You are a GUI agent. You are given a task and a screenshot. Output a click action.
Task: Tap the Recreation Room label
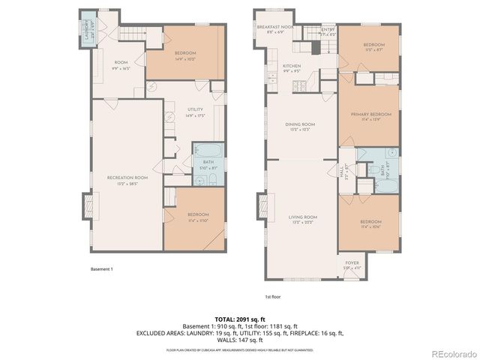click(127, 179)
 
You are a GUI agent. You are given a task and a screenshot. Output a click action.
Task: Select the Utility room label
click(195, 112)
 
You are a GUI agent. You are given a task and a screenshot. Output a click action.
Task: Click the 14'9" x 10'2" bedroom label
click(185, 55)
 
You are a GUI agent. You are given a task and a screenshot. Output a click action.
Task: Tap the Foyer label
click(352, 265)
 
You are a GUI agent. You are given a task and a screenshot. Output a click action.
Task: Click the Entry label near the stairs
click(328, 31)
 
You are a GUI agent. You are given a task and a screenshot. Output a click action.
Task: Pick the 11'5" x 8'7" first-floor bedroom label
click(373, 47)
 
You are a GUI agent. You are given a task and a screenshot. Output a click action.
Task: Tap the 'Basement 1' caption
click(102, 268)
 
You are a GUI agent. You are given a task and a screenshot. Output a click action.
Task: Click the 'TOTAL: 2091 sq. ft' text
click(239, 319)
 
